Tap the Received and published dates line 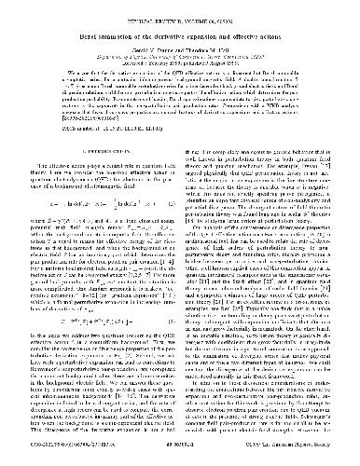(x=180, y=61)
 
